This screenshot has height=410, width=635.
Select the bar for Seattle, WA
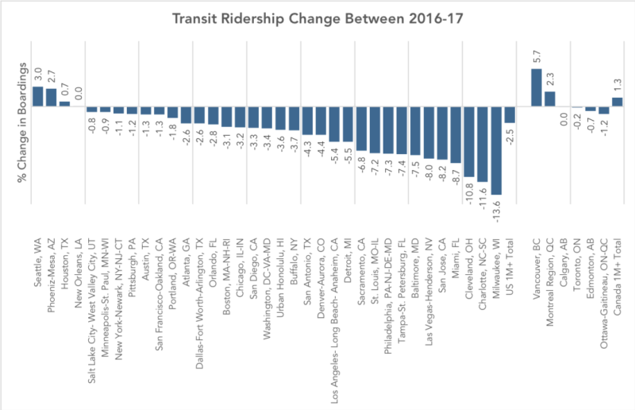coord(37,95)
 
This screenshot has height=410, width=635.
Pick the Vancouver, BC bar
coord(536,87)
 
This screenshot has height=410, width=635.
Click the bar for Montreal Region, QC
coord(549,99)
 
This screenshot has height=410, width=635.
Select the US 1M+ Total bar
coord(510,115)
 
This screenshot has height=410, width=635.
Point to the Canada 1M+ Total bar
coord(617,102)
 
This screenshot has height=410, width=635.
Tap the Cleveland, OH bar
coord(469,141)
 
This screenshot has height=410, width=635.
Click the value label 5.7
coord(536,58)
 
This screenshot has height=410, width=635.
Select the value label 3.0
coord(37,75)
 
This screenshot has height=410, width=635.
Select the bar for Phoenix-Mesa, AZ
coord(51,97)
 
